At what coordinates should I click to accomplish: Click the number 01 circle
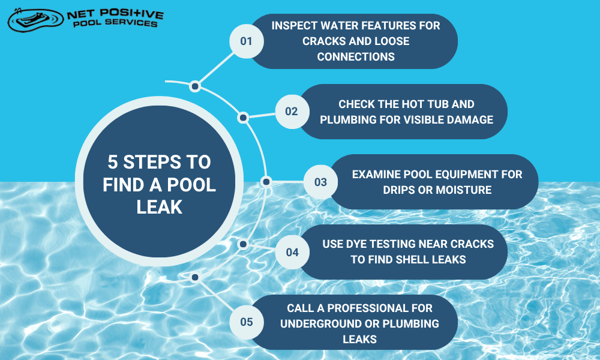tap(245, 41)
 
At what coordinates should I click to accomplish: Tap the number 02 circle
tap(292, 112)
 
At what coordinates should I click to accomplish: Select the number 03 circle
tap(320, 182)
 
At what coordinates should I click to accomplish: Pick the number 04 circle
tap(292, 252)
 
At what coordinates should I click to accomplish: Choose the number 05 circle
tap(246, 322)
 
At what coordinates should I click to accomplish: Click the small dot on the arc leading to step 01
tap(194, 86)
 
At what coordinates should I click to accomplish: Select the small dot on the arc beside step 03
tap(266, 181)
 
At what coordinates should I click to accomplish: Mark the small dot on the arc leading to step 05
tap(194, 277)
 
